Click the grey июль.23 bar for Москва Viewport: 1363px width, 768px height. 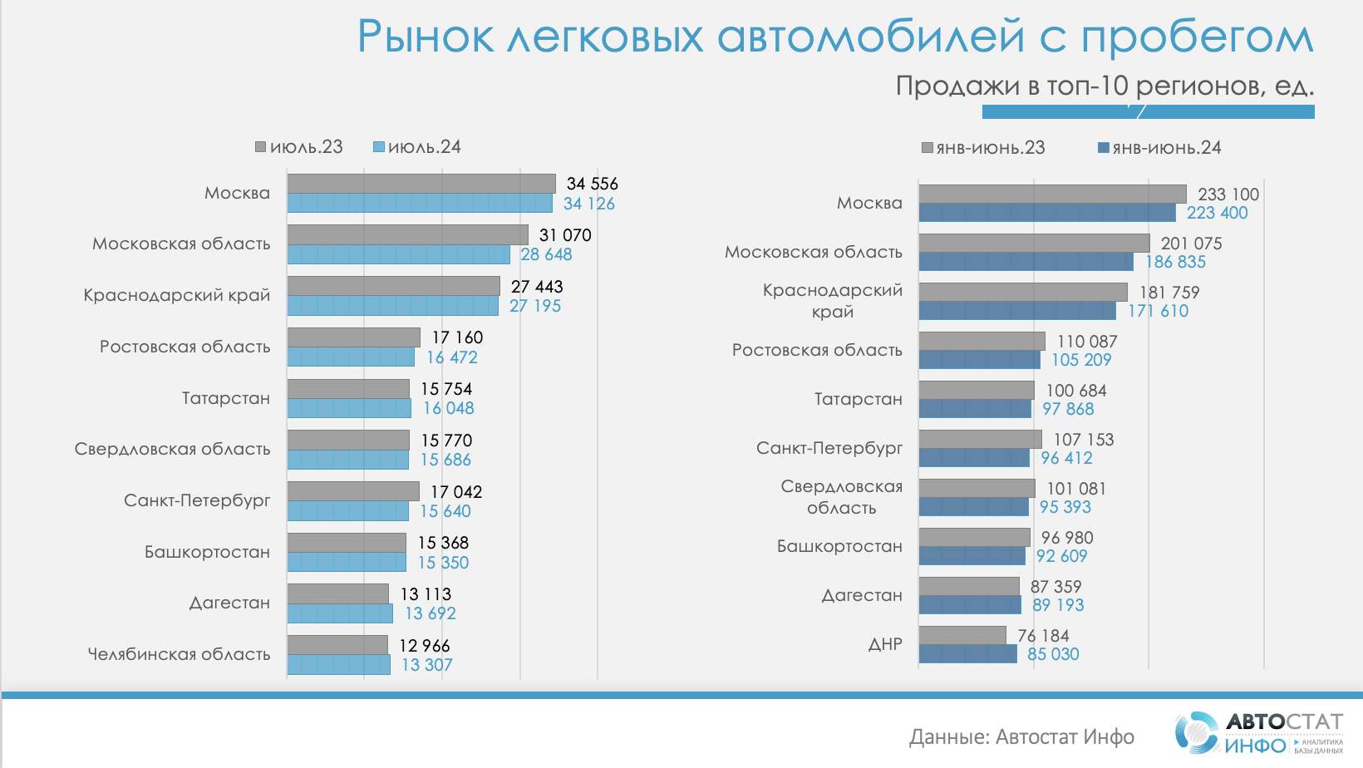coord(421,184)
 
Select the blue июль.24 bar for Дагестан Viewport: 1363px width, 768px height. coord(340,613)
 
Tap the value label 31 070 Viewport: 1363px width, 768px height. coord(565,235)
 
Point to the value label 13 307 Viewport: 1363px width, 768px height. coord(427,665)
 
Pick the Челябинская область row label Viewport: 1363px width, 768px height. coord(179,654)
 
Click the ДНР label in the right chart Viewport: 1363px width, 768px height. coord(885,644)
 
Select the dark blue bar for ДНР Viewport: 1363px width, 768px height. coord(967,654)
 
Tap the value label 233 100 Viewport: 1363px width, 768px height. coord(1228,194)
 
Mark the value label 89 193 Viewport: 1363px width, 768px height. coord(1058,605)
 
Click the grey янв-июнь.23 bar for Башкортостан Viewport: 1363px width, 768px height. coord(974,537)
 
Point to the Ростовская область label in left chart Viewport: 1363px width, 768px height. coord(185,347)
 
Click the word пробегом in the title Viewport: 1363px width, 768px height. coord(1197,37)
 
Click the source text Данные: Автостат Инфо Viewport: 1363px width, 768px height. coord(1021,736)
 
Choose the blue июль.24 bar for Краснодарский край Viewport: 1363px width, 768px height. coord(392,306)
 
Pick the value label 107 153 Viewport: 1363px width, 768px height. coord(1084,440)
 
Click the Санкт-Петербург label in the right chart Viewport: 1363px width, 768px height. coord(829,448)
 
